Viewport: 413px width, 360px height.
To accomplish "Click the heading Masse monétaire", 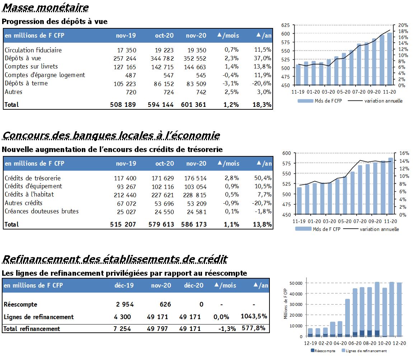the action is pyautogui.click(x=45, y=7).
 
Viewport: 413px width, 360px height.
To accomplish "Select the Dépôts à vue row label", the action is pyautogui.click(x=23, y=58).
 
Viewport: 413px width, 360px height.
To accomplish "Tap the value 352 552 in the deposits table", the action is pyautogui.click(x=195, y=58).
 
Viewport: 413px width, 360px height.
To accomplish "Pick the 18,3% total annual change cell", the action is pyautogui.click(x=262, y=104).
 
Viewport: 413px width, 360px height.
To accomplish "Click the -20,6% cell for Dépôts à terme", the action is pyautogui.click(x=262, y=84).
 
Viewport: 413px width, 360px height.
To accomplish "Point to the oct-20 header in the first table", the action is pyautogui.click(x=164, y=35).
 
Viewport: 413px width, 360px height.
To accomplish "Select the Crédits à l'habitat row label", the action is pyautogui.click(x=29, y=194).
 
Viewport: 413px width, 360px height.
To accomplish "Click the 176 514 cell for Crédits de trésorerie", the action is pyautogui.click(x=195, y=178).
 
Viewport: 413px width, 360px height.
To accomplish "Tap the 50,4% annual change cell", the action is pyautogui.click(x=263, y=178).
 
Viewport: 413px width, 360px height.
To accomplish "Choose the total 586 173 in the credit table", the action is pyautogui.click(x=194, y=224).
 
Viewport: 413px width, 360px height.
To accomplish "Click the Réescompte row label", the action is pyautogui.click(x=20, y=304).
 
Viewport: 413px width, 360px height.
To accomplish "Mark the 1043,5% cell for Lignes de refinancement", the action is pyautogui.click(x=254, y=316).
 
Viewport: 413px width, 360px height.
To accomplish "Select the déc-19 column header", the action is pyautogui.click(x=124, y=285).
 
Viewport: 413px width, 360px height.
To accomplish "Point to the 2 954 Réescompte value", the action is pyautogui.click(x=125, y=304).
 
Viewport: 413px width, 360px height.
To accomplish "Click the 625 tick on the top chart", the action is pyautogui.click(x=286, y=25).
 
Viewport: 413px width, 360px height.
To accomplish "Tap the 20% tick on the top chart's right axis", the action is pyautogui.click(x=403, y=25).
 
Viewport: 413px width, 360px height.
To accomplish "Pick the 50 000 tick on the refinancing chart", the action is pyautogui.click(x=296, y=283).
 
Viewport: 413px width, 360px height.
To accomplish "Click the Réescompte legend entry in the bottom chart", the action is pyautogui.click(x=323, y=351).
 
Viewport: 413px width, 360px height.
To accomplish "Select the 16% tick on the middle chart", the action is pyautogui.click(x=404, y=153).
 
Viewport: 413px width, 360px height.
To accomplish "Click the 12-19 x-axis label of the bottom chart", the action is pyautogui.click(x=310, y=343).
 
